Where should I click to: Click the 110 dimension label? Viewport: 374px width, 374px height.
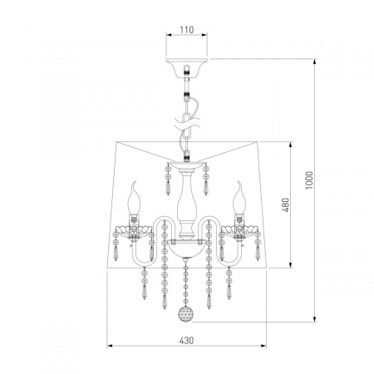187,30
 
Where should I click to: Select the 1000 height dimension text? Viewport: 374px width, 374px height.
309,180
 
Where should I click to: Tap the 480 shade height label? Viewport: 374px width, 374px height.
285,204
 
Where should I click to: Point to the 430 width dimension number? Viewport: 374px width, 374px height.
186,340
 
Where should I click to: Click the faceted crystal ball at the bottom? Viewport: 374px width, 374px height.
185,314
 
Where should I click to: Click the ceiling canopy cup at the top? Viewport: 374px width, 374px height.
187,67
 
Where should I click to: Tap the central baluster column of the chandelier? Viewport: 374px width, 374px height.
186,204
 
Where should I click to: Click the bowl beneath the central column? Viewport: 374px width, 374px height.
186,248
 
